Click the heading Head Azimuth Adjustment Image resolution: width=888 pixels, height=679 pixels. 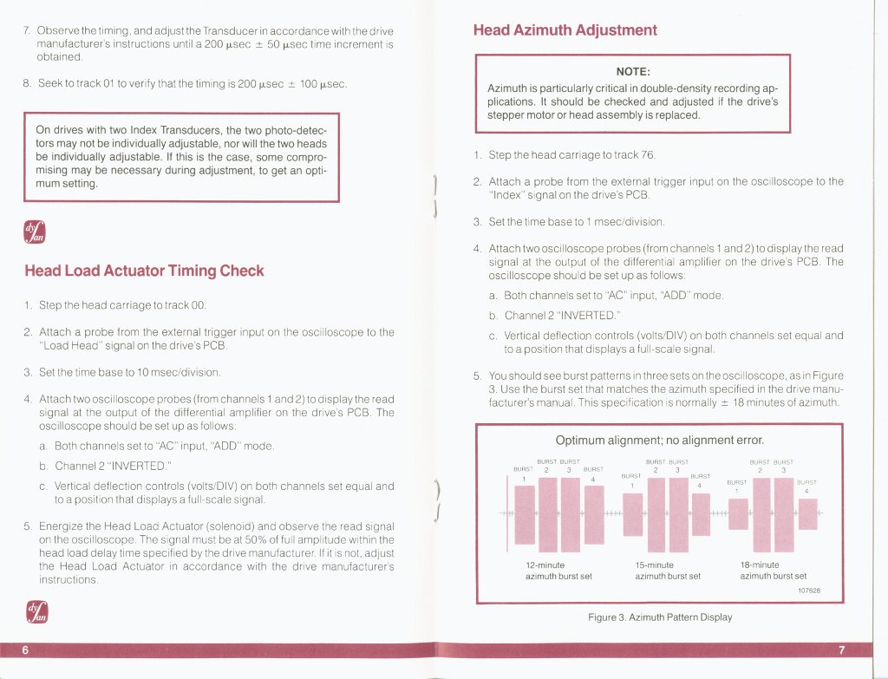pyautogui.click(x=565, y=30)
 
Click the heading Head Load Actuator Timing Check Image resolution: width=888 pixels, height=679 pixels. pyautogui.click(x=145, y=271)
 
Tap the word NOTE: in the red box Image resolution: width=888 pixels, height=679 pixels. pyautogui.click(x=633, y=71)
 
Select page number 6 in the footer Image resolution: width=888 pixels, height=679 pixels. pyautogui.click(x=26, y=650)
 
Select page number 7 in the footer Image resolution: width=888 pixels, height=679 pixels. pyautogui.click(x=841, y=650)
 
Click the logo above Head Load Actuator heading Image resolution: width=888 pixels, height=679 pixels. pyautogui.click(x=37, y=232)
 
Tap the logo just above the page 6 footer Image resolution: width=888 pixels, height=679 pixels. pyautogui.click(x=37, y=611)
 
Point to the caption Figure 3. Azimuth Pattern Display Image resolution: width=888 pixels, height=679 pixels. pyautogui.click(x=659, y=617)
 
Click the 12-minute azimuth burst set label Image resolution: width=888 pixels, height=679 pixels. pyautogui.click(x=558, y=571)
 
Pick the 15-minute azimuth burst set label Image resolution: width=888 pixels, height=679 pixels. pyautogui.click(x=667, y=571)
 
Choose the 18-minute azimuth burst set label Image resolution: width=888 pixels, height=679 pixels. pyautogui.click(x=773, y=571)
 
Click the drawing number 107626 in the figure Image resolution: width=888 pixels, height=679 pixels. pyautogui.click(x=808, y=591)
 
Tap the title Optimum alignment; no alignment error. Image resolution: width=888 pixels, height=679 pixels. pyautogui.click(x=659, y=440)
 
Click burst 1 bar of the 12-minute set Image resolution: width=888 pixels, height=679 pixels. pyautogui.click(x=525, y=514)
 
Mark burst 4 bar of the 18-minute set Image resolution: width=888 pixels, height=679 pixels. pyautogui.click(x=807, y=514)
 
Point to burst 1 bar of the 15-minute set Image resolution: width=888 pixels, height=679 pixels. pyautogui.click(x=633, y=514)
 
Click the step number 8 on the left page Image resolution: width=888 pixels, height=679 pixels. pyautogui.click(x=27, y=84)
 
